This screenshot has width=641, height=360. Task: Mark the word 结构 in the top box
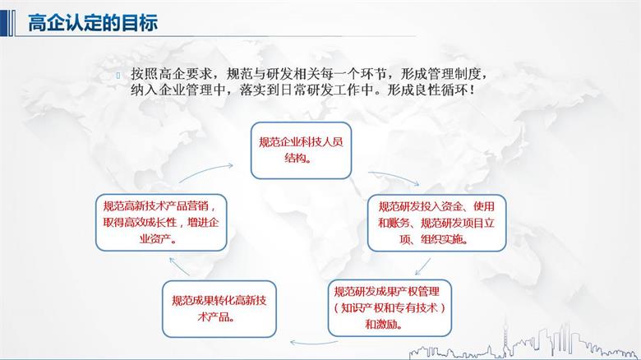(296, 159)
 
